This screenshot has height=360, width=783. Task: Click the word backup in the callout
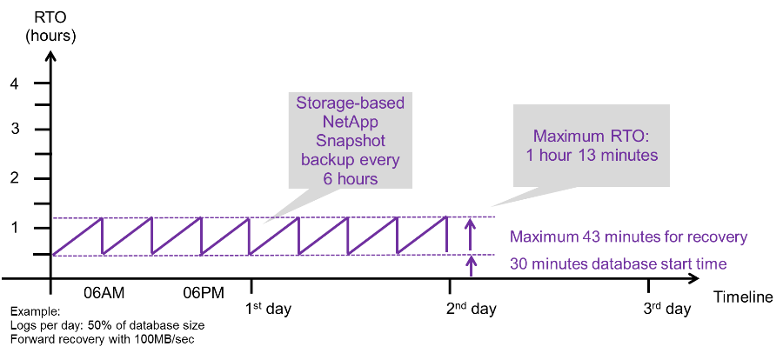[x=329, y=160]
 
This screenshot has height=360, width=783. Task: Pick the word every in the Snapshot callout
[x=379, y=160]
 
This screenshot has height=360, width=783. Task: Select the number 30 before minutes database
[x=519, y=263]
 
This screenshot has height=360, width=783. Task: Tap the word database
[x=622, y=263]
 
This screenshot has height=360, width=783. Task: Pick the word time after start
[x=709, y=263]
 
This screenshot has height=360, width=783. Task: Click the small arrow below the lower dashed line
[x=471, y=264]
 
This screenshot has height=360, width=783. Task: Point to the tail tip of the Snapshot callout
[x=264, y=224]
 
